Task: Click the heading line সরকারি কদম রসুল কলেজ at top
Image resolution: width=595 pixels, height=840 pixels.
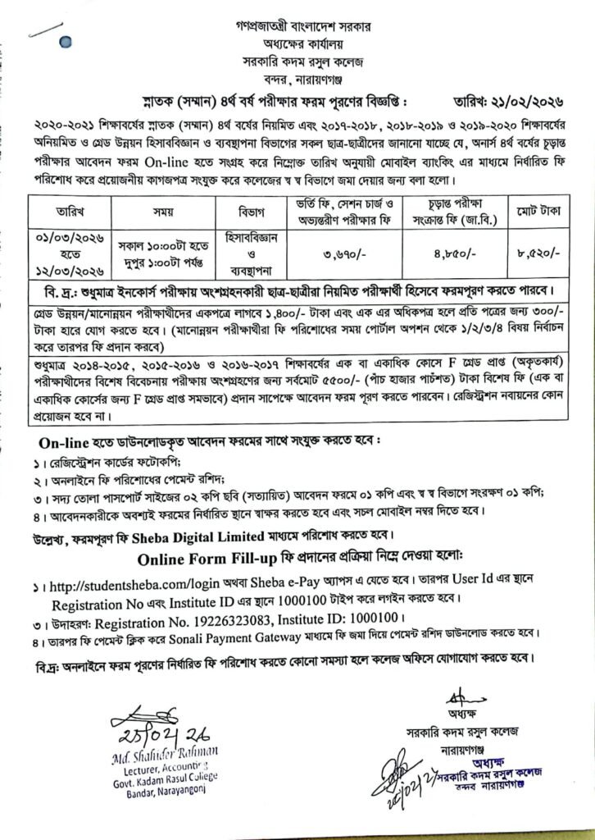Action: [x=297, y=62]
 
